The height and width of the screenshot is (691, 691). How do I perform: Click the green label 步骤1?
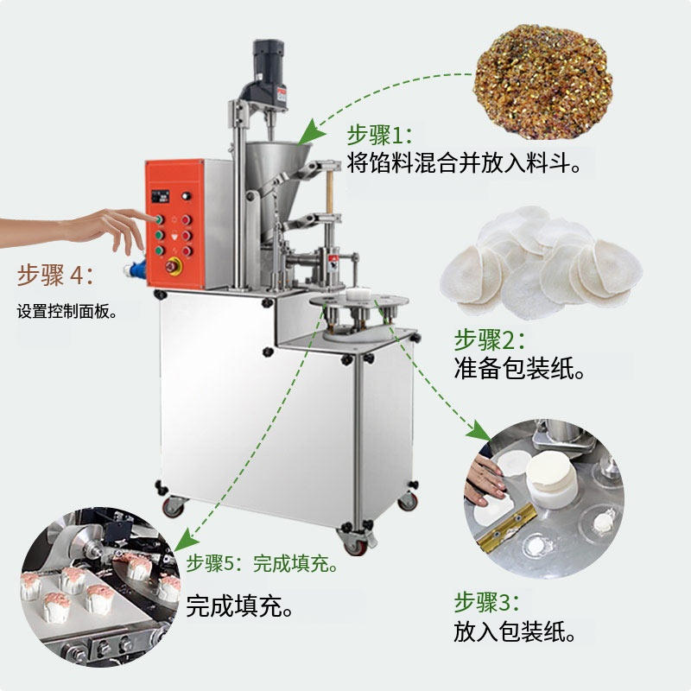[379, 135]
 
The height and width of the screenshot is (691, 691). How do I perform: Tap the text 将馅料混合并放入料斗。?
[464, 162]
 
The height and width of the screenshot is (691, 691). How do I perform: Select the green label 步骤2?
[490, 339]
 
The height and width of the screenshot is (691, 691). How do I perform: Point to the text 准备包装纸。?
[519, 369]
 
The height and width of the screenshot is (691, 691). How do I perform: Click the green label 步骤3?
[486, 602]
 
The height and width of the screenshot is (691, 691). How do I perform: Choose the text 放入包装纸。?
[515, 631]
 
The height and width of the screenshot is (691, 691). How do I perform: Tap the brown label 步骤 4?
[55, 275]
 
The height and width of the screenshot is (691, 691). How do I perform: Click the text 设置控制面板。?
[67, 312]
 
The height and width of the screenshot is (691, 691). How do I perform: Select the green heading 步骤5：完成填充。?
[263, 563]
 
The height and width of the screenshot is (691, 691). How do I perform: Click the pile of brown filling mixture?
[543, 80]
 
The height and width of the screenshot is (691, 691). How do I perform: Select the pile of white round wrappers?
[542, 263]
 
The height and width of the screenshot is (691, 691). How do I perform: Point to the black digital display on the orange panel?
[161, 197]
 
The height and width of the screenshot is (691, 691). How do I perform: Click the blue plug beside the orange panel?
[135, 269]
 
